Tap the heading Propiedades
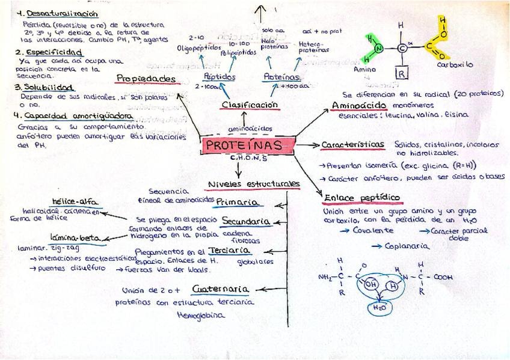[x=146, y=78]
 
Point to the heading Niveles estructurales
[x=253, y=183]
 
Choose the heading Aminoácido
[x=354, y=106]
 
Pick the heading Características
[x=352, y=145]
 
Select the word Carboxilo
[x=455, y=64]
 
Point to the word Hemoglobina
[x=201, y=314]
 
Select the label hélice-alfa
[x=75, y=201]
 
